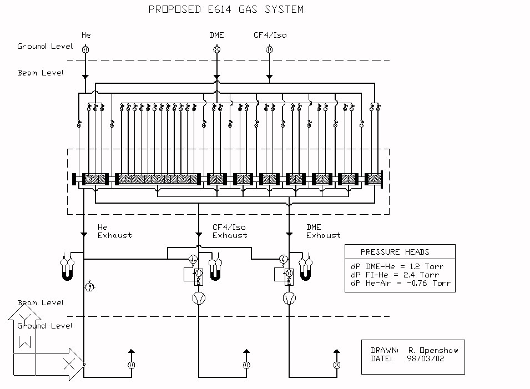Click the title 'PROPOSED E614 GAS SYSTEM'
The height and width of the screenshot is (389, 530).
[x=226, y=9]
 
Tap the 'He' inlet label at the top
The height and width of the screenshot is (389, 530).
[x=86, y=35]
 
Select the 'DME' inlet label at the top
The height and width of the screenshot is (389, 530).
[x=216, y=35]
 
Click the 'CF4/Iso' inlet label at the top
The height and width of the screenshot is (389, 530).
[x=270, y=35]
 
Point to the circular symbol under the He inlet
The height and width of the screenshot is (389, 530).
[x=85, y=49]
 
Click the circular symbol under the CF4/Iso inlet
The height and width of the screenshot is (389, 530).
[x=270, y=49]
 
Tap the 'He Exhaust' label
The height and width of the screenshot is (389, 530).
[x=114, y=231]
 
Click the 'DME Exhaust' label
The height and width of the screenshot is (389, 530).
[x=323, y=231]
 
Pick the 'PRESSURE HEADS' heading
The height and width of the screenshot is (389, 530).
[x=395, y=252]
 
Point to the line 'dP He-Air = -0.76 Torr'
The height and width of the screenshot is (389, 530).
[x=401, y=283]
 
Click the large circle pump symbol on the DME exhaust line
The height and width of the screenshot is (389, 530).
[x=289, y=299]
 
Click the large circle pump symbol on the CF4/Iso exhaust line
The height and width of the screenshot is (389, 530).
[x=199, y=299]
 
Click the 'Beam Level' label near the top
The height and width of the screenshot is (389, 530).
[x=41, y=73]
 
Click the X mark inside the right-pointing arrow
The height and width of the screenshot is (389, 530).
[x=69, y=364]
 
